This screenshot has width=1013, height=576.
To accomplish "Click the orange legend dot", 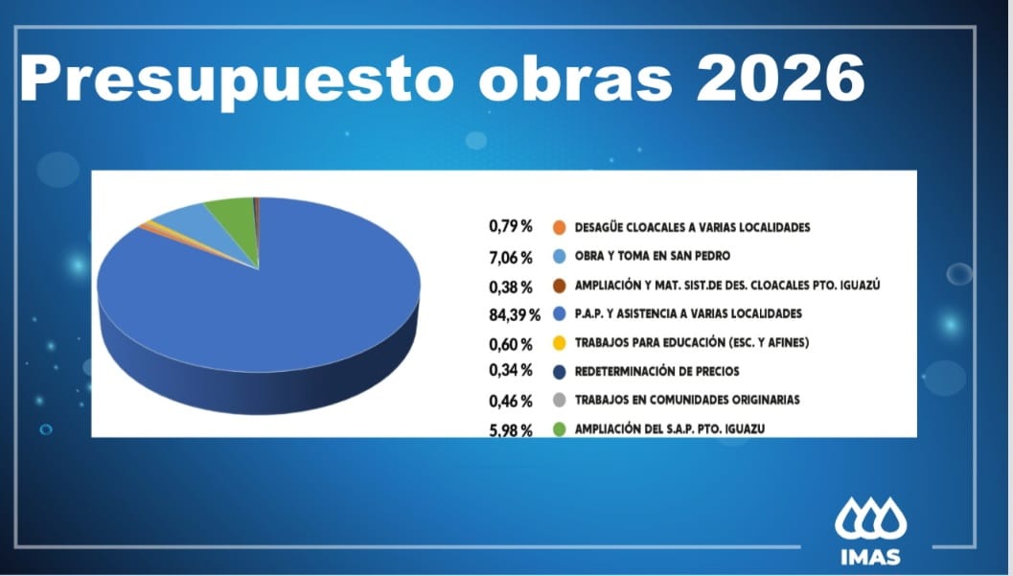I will (x=559, y=228).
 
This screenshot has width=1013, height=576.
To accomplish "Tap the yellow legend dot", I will (x=559, y=343).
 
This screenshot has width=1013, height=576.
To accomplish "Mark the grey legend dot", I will (x=559, y=400).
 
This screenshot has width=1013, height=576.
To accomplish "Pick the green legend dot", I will (x=559, y=429).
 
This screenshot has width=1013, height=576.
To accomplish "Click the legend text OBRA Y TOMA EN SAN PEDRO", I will (x=652, y=257).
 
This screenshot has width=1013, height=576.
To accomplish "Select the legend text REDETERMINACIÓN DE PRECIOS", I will (x=656, y=371).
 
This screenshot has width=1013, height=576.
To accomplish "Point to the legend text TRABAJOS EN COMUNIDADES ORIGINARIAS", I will (x=686, y=400).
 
